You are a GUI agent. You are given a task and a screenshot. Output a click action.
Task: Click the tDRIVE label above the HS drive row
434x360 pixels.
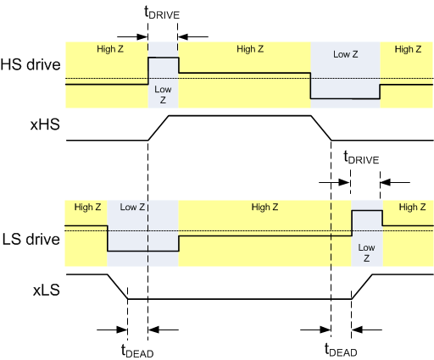(x=163, y=15)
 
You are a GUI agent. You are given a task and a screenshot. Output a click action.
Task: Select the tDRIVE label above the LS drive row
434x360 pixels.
(x=362, y=158)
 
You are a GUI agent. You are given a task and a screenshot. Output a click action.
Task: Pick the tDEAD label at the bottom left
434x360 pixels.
(x=136, y=351)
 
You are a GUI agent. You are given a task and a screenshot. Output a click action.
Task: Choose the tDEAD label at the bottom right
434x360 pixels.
(x=342, y=350)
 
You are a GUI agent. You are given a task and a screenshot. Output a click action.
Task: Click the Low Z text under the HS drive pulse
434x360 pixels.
(x=163, y=93)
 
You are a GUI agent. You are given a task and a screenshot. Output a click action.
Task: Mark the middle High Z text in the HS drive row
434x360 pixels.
(x=250, y=49)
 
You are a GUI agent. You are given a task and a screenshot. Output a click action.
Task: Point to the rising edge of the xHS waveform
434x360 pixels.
(x=159, y=127)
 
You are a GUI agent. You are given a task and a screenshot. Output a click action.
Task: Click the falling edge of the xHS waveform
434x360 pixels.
(x=321, y=127)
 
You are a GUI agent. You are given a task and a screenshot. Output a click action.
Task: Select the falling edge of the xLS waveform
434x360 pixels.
(x=117, y=286)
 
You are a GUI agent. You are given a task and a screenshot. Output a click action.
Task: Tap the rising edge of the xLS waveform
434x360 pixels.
(x=362, y=286)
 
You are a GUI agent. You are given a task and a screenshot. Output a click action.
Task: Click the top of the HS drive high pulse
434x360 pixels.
(x=163, y=58)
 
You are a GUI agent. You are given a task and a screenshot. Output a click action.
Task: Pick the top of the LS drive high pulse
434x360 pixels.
(x=366, y=210)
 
